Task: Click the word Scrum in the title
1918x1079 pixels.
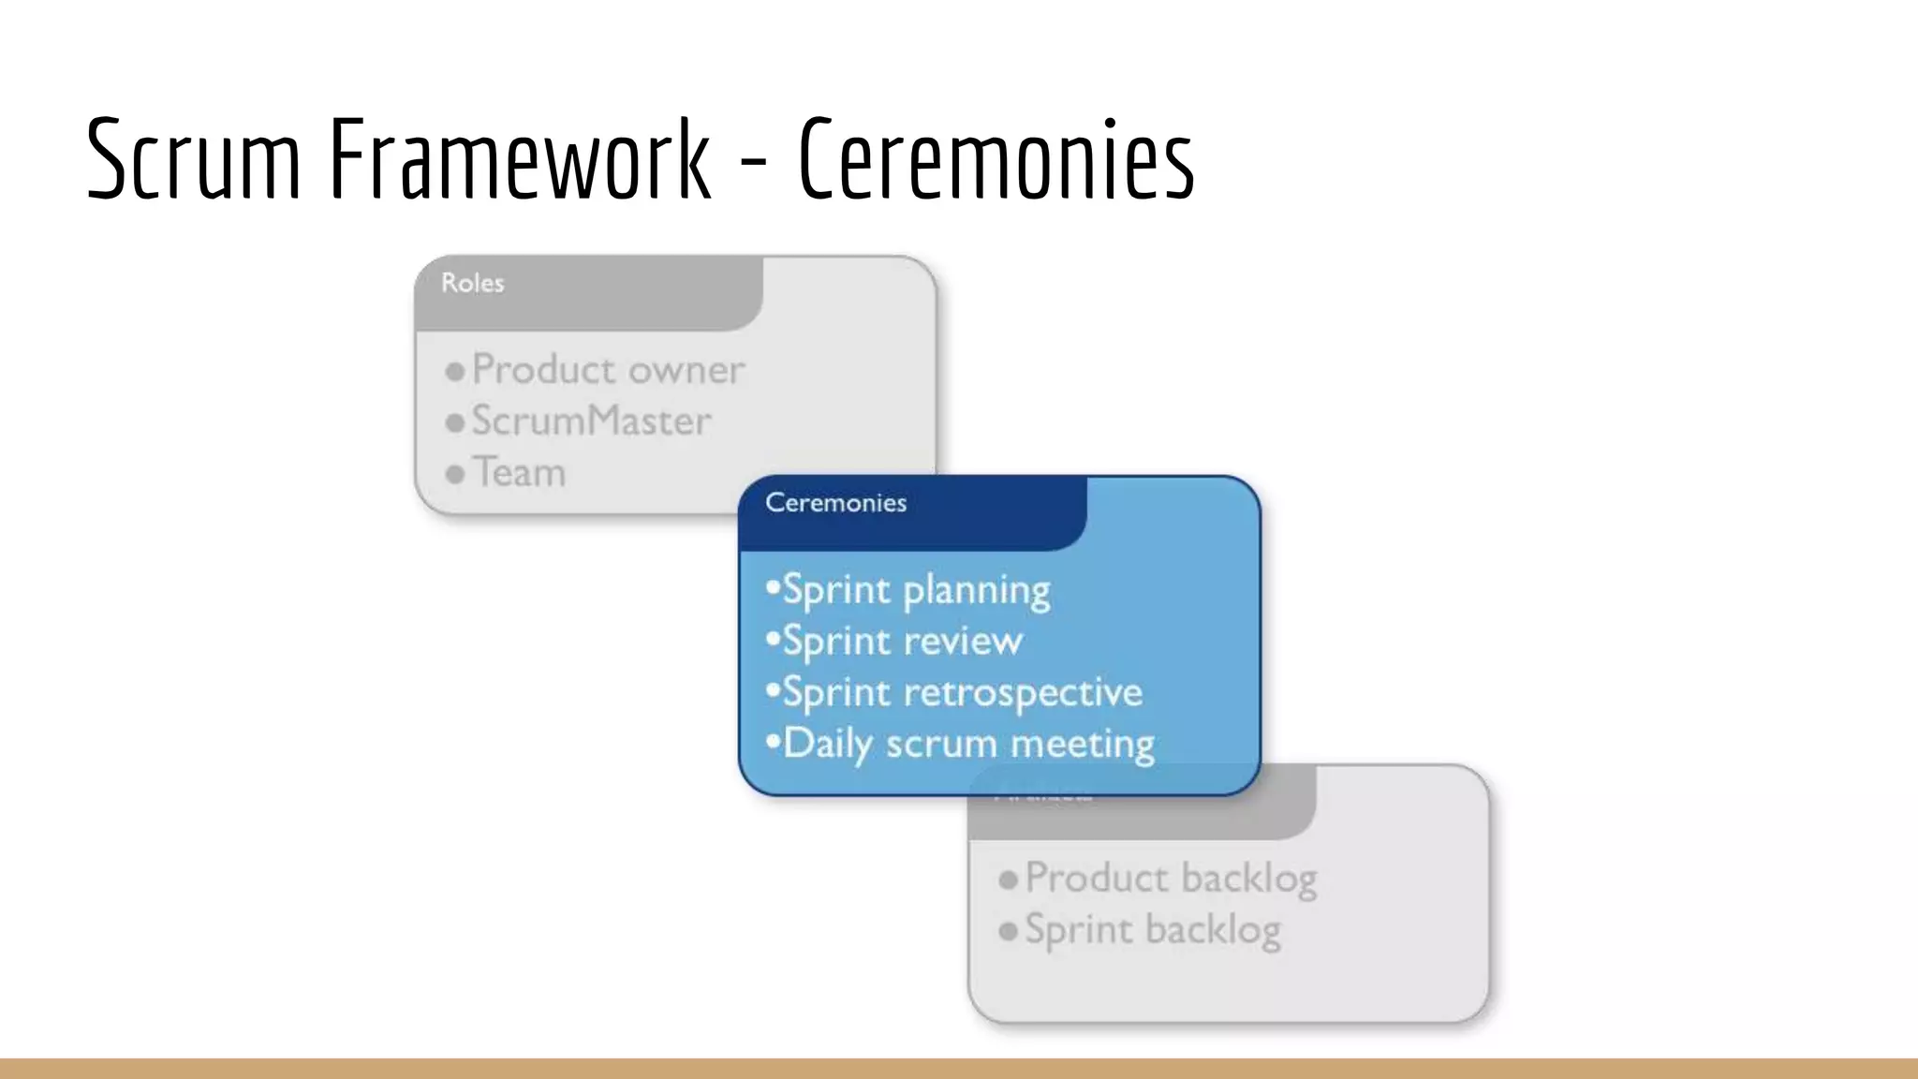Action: [x=193, y=159]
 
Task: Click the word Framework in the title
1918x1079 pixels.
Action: [x=520, y=159]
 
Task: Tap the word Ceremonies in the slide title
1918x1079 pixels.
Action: [x=996, y=159]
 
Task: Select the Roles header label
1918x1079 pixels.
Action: [x=473, y=283]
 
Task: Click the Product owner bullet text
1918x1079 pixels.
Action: [x=608, y=370]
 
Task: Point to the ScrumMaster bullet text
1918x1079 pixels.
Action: [x=591, y=421]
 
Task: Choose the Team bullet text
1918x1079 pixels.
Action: [x=519, y=473]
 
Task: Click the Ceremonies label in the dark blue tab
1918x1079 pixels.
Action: [x=835, y=503]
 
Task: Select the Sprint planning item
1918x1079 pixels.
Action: [x=916, y=591]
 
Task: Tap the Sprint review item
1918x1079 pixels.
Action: [x=902, y=642]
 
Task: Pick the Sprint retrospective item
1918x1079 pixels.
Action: [x=962, y=693]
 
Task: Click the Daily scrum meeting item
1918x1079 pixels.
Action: [x=968, y=745]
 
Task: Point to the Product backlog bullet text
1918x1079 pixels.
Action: [x=1171, y=879]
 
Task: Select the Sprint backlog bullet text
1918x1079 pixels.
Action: [x=1153, y=930]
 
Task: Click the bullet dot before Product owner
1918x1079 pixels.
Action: [x=455, y=372]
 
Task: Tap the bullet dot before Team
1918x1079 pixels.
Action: [x=455, y=475]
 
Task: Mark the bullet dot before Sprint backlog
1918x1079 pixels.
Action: [x=1009, y=932]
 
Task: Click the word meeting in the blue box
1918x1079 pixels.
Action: [x=1083, y=745]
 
